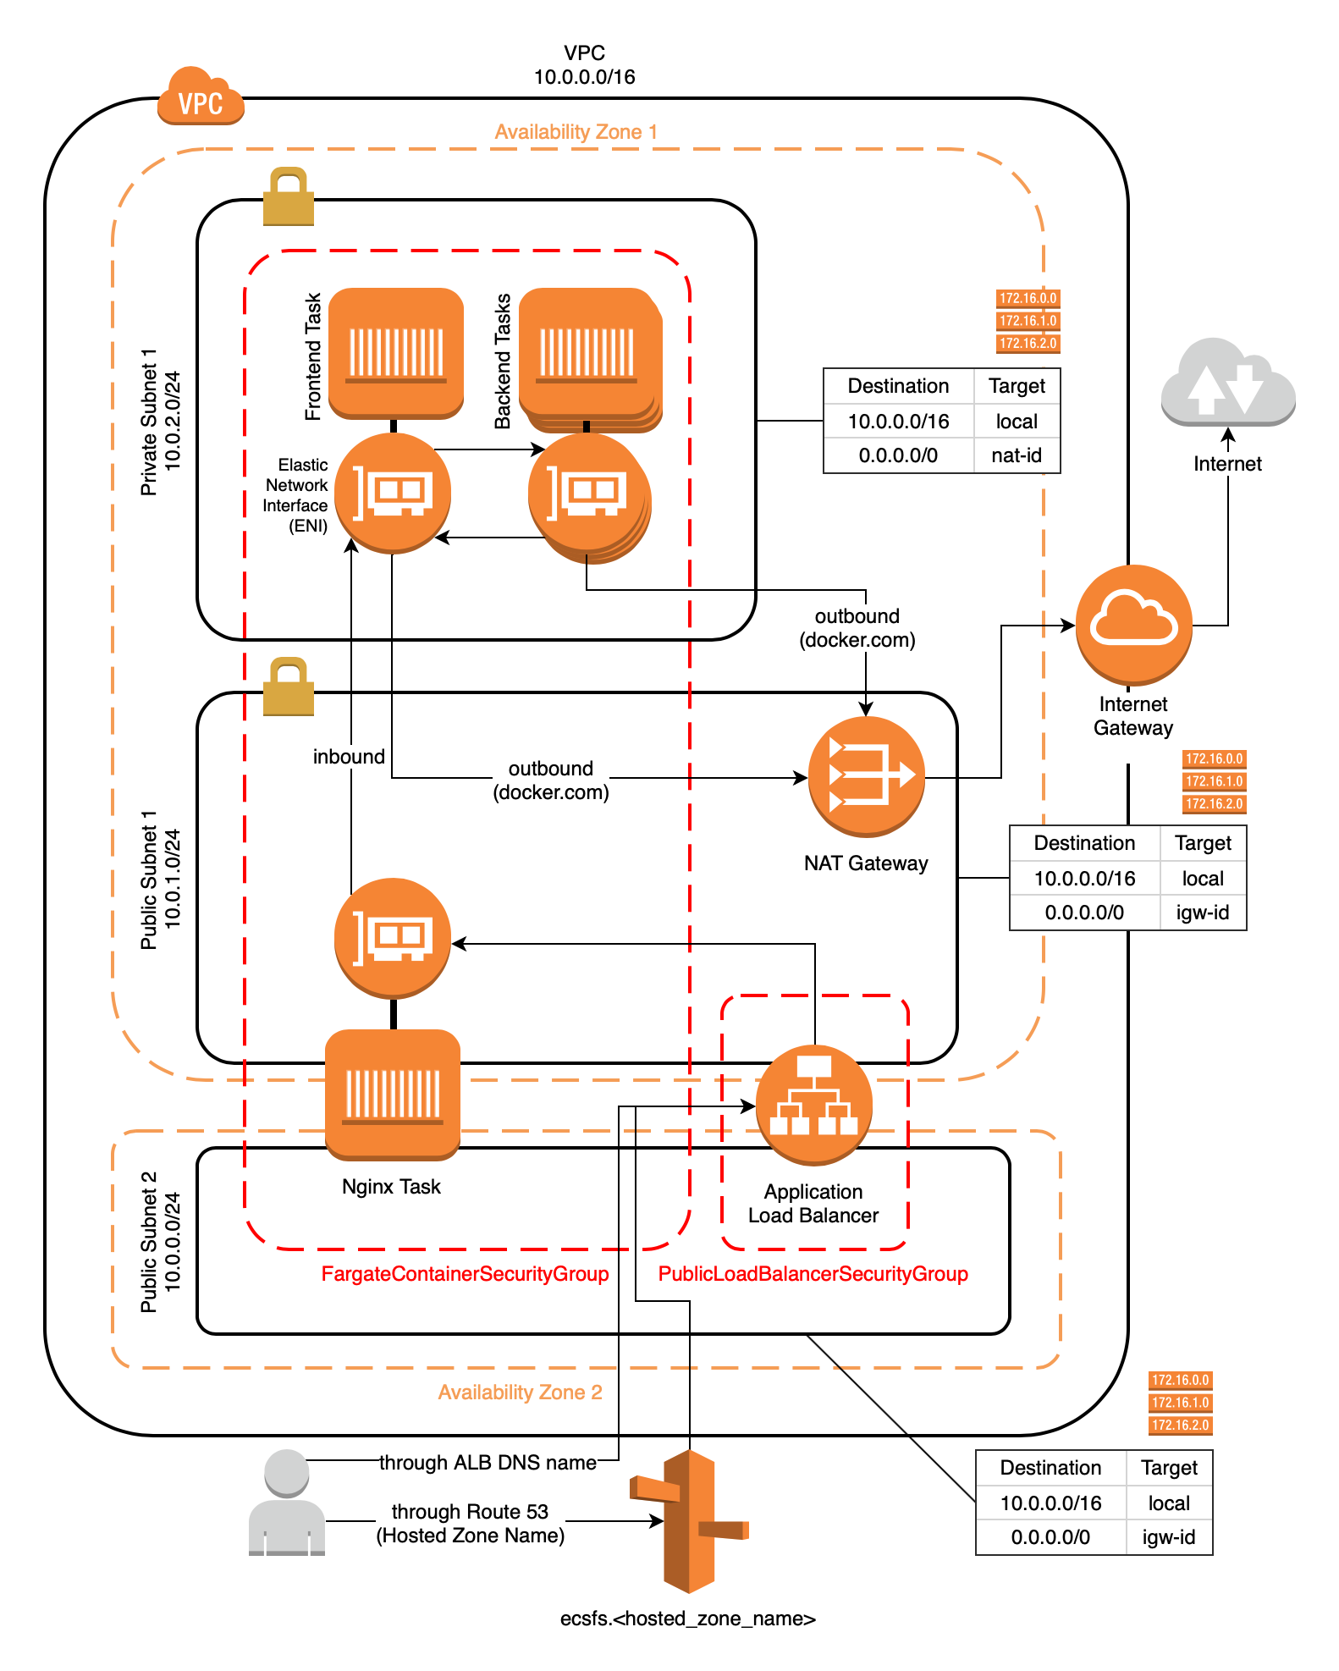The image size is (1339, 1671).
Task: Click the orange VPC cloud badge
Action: pos(201,97)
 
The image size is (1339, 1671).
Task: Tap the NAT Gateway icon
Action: pos(866,775)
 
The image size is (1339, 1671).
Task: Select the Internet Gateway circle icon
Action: pos(1133,625)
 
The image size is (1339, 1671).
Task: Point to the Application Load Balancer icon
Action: pos(813,1105)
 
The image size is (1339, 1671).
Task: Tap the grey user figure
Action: pos(287,1503)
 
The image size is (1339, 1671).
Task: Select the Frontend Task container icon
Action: pos(396,352)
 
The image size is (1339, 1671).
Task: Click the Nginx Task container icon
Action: pos(393,1094)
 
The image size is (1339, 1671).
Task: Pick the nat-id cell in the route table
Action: pos(1017,455)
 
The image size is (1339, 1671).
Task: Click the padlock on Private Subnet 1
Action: pos(289,197)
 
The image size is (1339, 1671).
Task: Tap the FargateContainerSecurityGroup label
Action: pos(465,1274)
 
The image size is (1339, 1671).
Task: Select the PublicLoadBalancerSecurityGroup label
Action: pos(813,1274)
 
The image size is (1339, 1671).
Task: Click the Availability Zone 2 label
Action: pos(520,1392)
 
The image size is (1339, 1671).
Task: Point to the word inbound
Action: pos(349,757)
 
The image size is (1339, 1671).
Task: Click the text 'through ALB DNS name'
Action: pos(488,1463)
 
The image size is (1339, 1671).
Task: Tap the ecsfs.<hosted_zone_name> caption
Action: pos(687,1619)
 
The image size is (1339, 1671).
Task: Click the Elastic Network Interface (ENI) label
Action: pos(296,495)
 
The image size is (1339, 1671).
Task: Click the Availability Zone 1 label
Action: pos(576,132)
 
